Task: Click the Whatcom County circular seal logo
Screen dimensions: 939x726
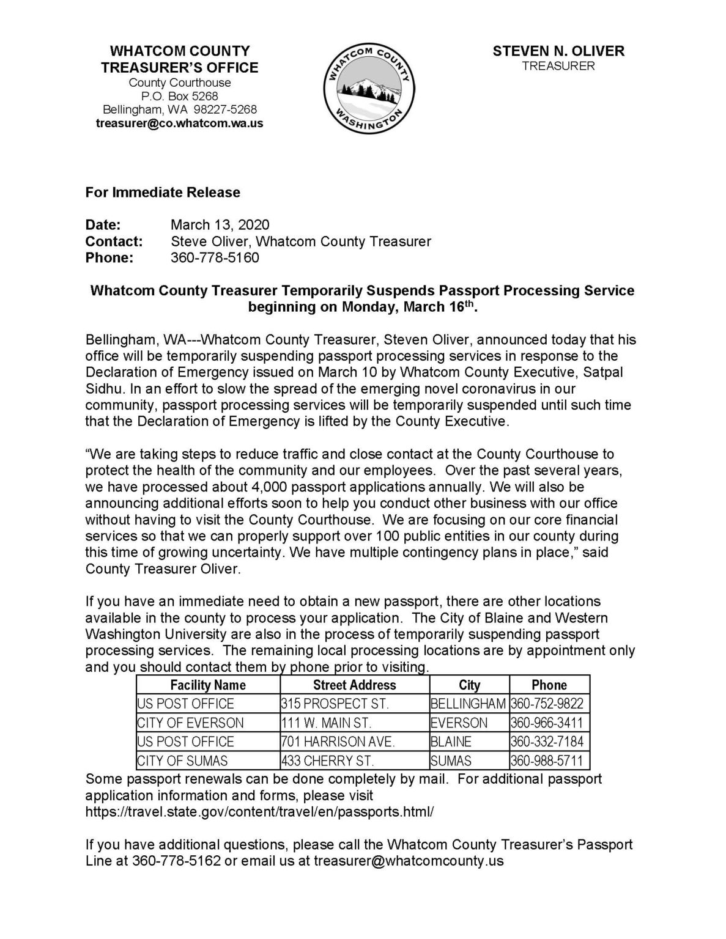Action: point(369,88)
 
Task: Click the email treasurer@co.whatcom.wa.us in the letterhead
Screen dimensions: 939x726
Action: point(180,123)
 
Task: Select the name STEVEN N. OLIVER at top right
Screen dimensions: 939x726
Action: point(558,51)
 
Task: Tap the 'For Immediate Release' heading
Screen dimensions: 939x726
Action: point(163,193)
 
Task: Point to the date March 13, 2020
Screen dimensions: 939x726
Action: point(220,225)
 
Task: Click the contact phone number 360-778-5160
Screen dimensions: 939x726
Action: point(215,257)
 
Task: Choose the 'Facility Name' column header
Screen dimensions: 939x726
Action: point(208,685)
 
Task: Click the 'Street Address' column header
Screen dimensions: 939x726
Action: point(354,685)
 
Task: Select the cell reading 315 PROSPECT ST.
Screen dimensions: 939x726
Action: point(335,704)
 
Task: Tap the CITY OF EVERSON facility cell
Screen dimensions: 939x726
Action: point(190,723)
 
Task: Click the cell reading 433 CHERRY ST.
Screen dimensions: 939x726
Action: point(327,761)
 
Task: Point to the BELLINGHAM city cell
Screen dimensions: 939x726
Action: point(469,704)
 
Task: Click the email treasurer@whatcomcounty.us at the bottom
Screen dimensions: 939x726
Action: point(409,861)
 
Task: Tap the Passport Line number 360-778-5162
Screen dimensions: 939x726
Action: point(176,861)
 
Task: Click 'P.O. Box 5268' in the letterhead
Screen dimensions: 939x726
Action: point(180,96)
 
